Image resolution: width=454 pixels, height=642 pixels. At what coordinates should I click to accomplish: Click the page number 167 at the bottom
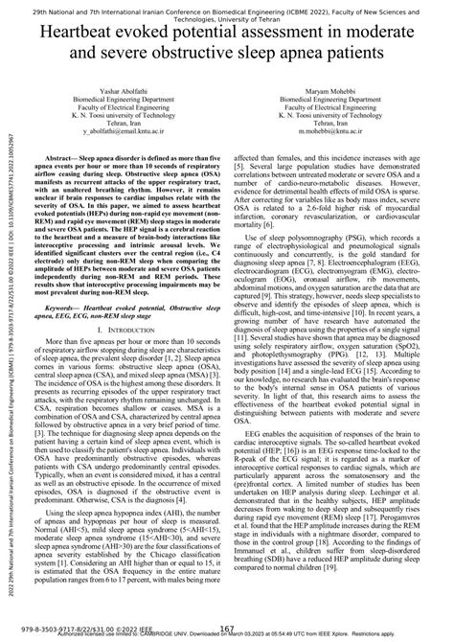(x=227, y=628)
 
